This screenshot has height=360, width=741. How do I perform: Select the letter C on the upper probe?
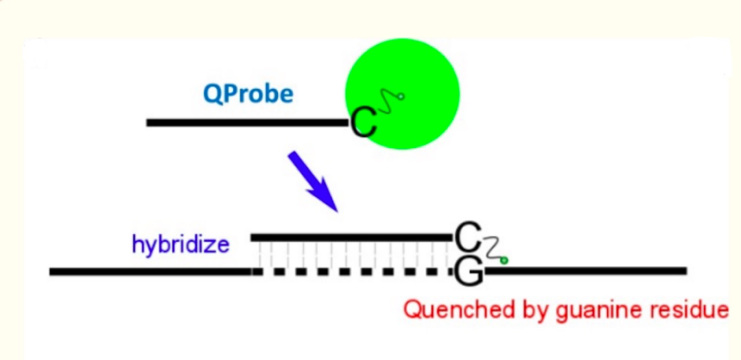[363, 124]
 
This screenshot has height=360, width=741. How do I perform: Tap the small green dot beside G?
[504, 261]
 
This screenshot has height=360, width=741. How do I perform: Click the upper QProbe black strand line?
[247, 123]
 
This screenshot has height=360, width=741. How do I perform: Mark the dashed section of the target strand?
[350, 272]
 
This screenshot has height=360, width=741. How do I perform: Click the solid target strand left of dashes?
[151, 272]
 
